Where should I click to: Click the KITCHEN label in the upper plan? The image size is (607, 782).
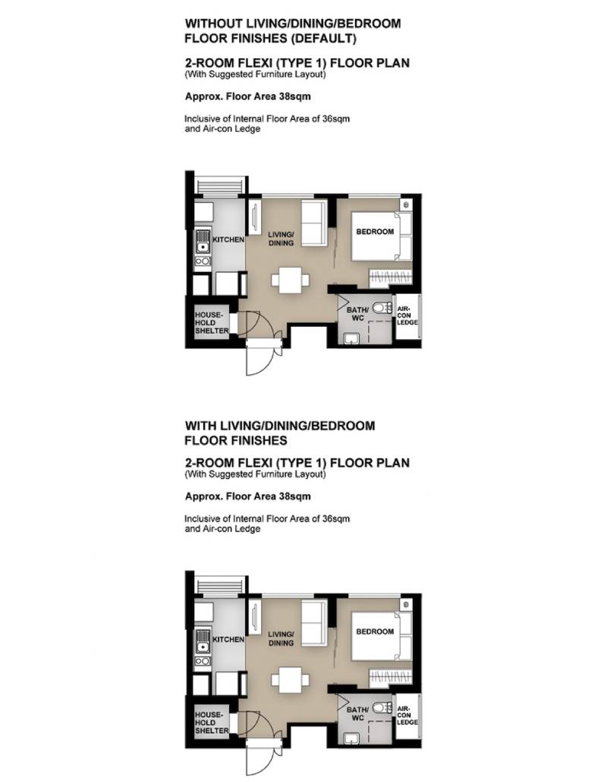(x=228, y=239)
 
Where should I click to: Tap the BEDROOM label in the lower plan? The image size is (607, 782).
(x=375, y=631)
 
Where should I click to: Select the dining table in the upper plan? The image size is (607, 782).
(x=291, y=280)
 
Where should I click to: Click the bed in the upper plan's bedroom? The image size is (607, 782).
(x=382, y=236)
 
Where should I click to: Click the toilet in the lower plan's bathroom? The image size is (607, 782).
(x=382, y=708)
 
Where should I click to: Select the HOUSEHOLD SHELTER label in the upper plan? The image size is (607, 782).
(x=212, y=323)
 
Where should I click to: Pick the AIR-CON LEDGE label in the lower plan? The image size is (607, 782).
(x=407, y=715)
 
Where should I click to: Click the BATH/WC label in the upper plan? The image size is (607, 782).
(x=357, y=314)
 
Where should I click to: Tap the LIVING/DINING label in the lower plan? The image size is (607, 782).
(x=281, y=639)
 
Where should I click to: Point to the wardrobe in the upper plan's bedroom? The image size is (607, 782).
(x=390, y=278)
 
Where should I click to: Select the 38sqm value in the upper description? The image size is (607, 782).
(x=294, y=96)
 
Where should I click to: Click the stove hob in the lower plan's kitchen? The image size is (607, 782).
(x=203, y=661)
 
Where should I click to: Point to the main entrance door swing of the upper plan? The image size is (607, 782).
(x=261, y=357)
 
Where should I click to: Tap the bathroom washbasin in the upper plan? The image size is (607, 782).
(x=351, y=339)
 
